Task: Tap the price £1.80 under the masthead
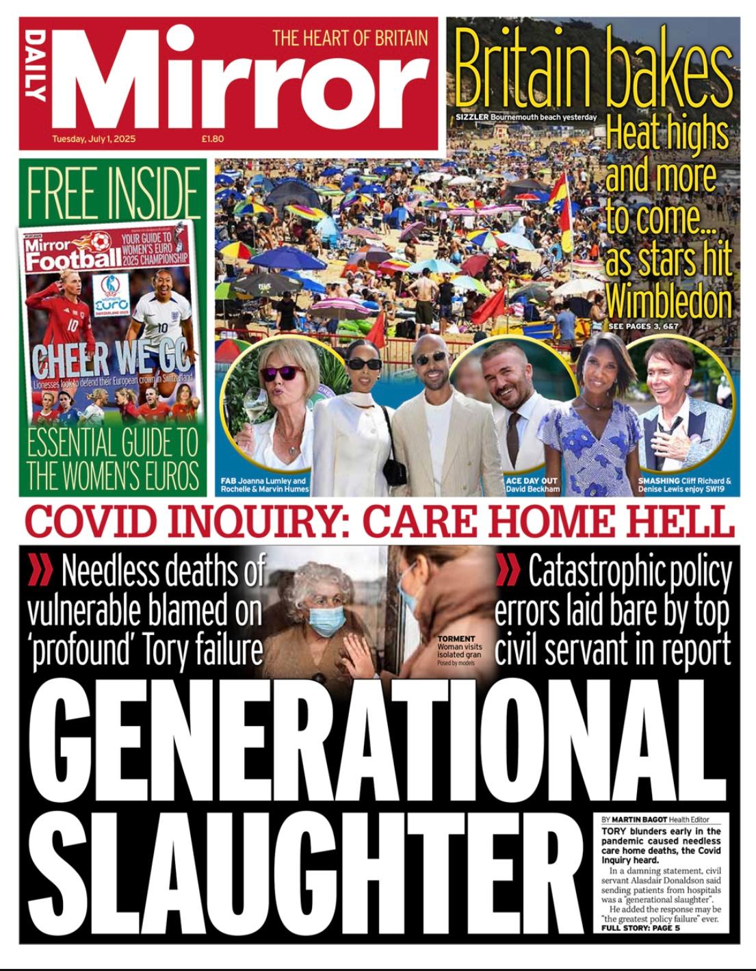coord(213,139)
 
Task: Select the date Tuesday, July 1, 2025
coord(94,139)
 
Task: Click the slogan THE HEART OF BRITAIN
coord(350,38)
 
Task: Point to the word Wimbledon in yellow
coord(668,301)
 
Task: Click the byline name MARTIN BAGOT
coord(639,819)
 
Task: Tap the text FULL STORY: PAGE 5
coord(640,928)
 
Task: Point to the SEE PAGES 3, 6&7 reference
coord(643,327)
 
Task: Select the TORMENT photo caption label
coord(456,639)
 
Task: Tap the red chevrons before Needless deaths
coord(41,571)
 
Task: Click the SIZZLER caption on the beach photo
coord(472,117)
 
